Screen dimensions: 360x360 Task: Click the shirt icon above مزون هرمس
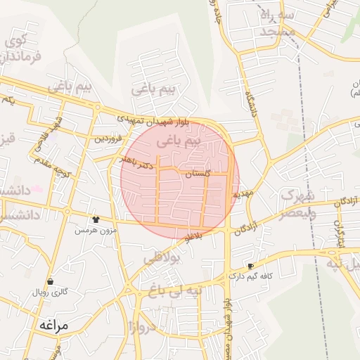tap(96, 219)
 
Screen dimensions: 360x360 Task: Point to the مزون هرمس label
tap(95, 230)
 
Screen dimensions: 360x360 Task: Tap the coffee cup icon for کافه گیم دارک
tap(250, 266)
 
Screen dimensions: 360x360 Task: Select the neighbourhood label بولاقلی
tap(162, 258)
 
